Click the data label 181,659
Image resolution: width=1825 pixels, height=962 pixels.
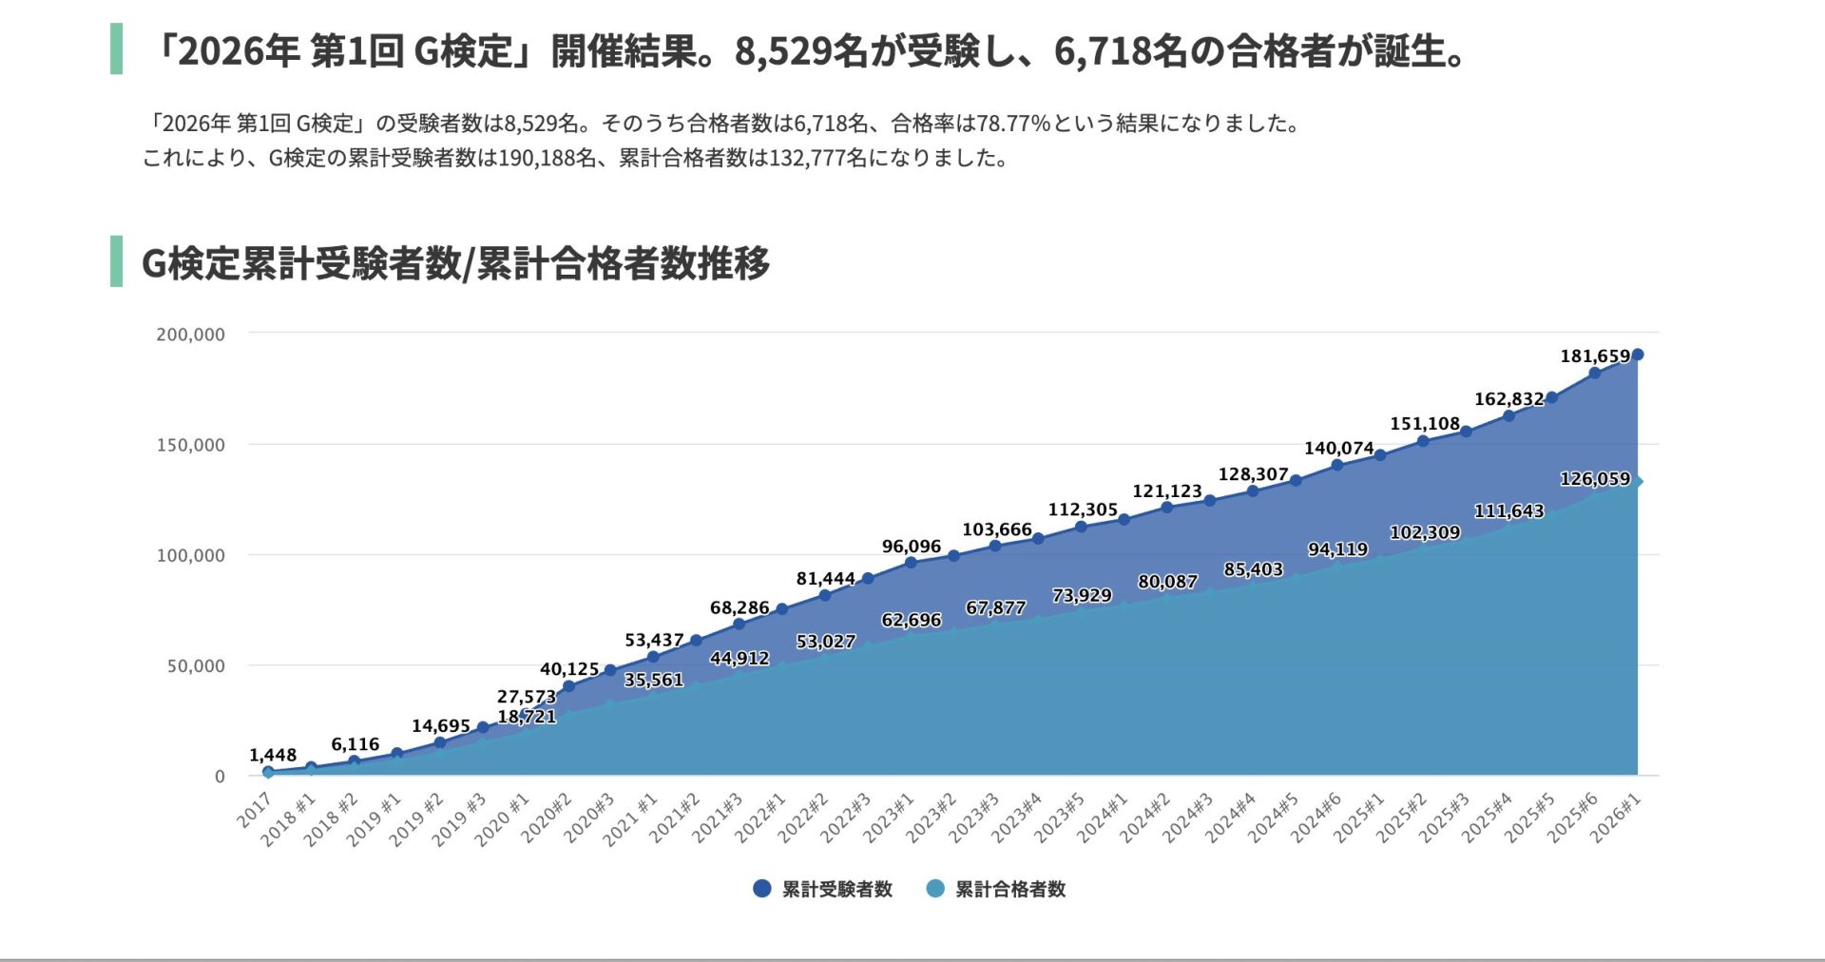coord(1594,356)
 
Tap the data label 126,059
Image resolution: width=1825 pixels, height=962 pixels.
coord(1594,479)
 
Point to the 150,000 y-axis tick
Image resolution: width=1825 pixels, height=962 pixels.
coord(190,445)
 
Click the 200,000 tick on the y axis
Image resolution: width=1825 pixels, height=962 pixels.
coord(190,335)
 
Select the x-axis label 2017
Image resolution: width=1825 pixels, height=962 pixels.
coord(255,813)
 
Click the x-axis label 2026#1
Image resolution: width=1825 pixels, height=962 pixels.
coord(1617,818)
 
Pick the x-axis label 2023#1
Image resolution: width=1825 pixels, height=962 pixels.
coord(889,818)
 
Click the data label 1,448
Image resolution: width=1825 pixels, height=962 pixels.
coord(273,756)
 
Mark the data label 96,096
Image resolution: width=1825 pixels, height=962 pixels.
coord(911,547)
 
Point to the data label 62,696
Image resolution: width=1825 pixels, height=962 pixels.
coord(911,620)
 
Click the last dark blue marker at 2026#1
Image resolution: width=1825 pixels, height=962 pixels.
coord(1637,355)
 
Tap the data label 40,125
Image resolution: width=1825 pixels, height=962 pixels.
coord(569,669)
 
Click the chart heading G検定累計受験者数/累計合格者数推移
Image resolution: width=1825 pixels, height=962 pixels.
coord(455,263)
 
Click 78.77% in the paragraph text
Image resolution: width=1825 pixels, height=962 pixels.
coord(1013,124)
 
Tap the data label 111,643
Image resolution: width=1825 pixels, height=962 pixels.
coord(1508,511)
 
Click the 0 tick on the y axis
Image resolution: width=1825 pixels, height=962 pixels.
coord(220,777)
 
